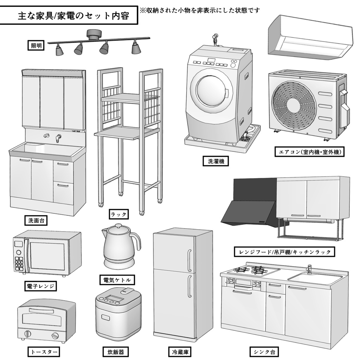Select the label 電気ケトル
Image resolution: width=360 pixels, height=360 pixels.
(x=117, y=280)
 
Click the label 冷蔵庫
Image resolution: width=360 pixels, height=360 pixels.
(x=180, y=351)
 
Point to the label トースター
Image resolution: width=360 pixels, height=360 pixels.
(x=43, y=351)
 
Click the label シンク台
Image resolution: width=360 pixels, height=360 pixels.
(x=265, y=351)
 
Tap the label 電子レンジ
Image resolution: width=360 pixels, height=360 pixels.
(x=41, y=286)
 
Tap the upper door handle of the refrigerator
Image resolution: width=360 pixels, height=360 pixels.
(x=189, y=260)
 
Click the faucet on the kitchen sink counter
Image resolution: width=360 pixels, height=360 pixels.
(x=309, y=269)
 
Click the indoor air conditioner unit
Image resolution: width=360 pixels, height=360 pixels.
(x=309, y=35)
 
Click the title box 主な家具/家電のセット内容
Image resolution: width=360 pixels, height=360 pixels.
(x=69, y=15)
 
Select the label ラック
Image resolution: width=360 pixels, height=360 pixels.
(x=118, y=214)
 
